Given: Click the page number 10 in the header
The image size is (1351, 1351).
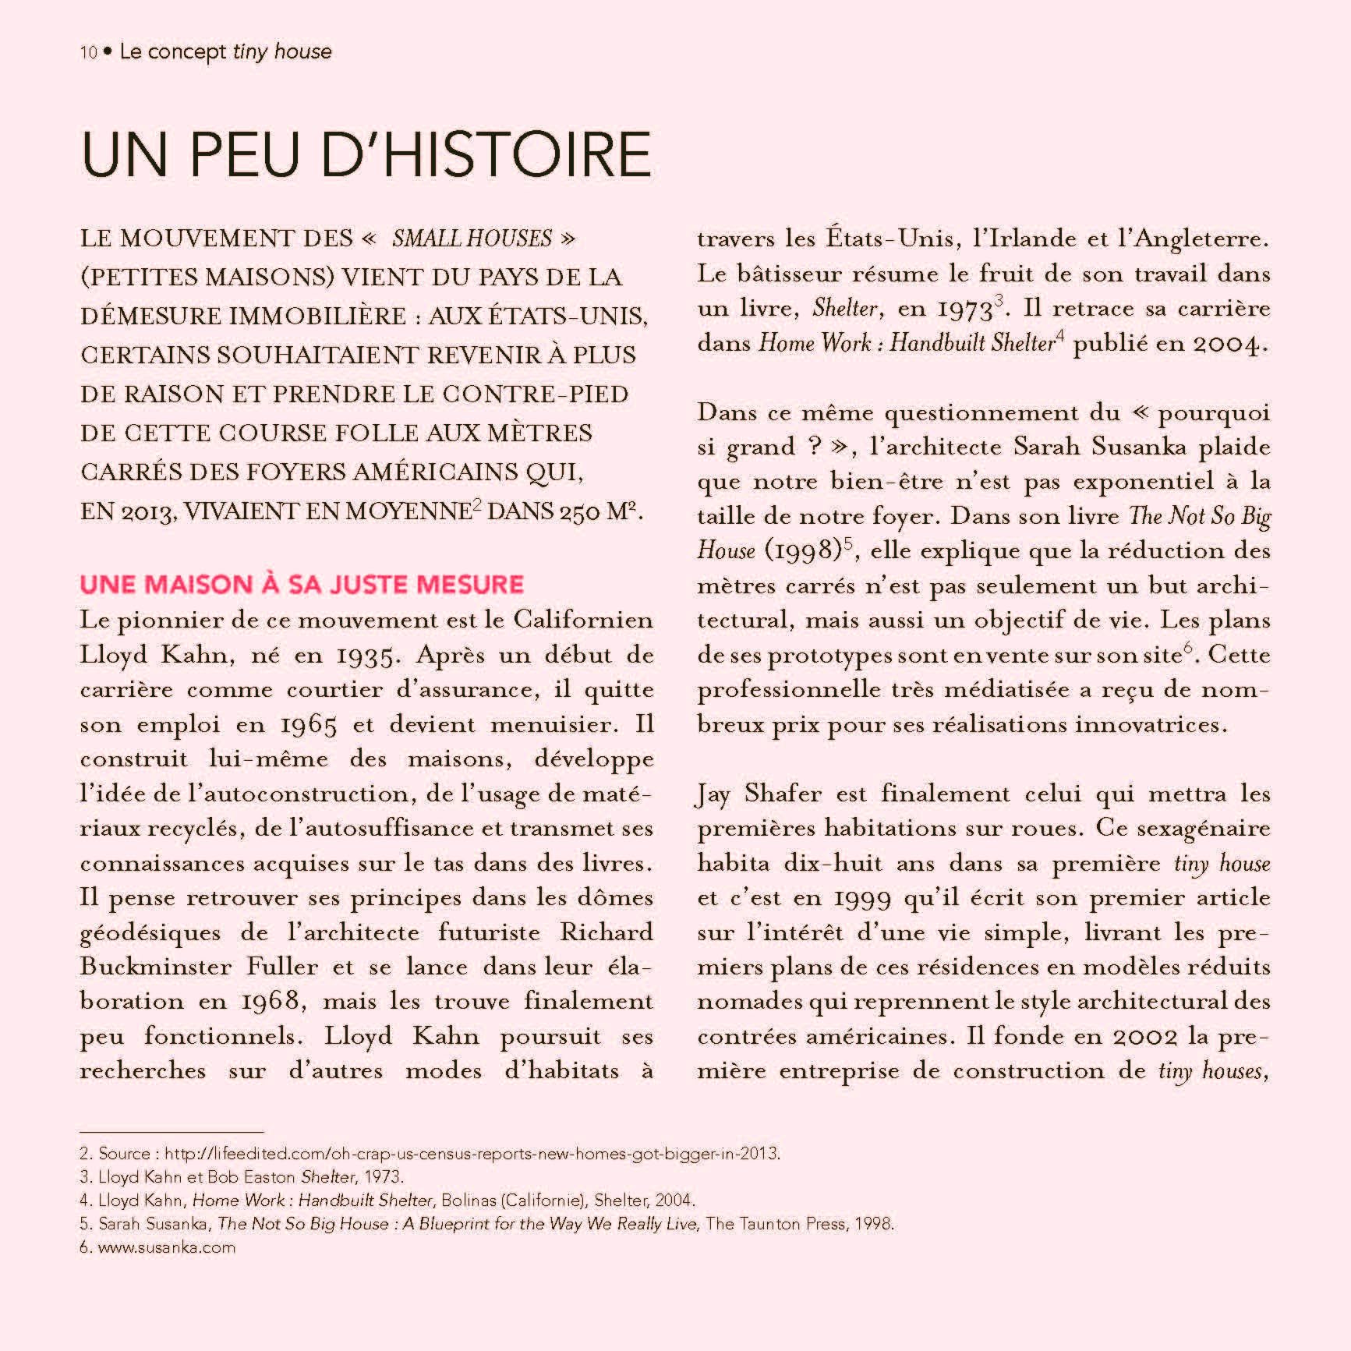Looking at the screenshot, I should (x=88, y=53).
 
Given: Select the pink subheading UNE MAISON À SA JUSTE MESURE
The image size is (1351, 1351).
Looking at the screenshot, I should (x=302, y=585).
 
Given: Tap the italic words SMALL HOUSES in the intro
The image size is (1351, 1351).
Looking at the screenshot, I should (x=472, y=239).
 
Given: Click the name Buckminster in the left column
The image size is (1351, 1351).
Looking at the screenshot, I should (x=155, y=967).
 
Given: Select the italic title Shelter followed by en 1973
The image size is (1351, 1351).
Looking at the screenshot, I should (x=845, y=309).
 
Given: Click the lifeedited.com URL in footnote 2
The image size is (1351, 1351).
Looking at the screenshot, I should (x=472, y=1153).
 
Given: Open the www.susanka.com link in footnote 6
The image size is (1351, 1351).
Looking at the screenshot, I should (x=166, y=1247).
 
